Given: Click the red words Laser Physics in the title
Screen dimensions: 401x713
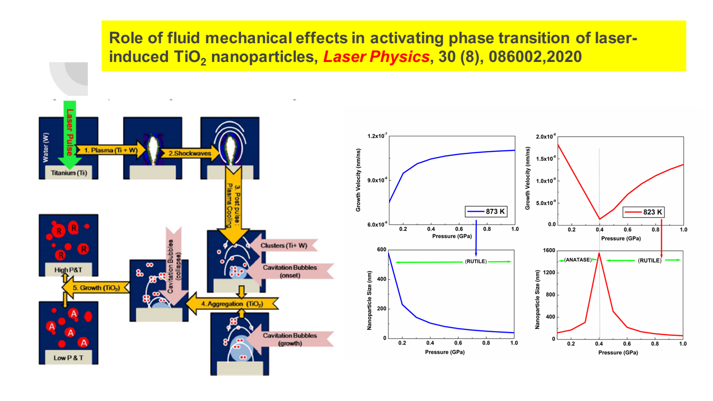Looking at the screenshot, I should pyautogui.click(x=376, y=57).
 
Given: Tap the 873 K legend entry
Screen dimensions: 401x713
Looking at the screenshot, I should pyautogui.click(x=486, y=211).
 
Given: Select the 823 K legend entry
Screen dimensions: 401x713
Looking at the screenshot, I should pyautogui.click(x=643, y=212).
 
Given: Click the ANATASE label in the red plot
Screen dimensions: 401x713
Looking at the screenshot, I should pyautogui.click(x=578, y=260).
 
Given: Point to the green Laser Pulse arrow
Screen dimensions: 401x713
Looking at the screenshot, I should pyautogui.click(x=70, y=134).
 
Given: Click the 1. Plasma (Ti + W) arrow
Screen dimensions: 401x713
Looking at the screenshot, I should pyautogui.click(x=111, y=151).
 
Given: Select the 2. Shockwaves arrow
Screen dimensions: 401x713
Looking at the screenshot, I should pyautogui.click(x=190, y=153).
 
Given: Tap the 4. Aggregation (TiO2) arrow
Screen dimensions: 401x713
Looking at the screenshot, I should pyautogui.click(x=232, y=304).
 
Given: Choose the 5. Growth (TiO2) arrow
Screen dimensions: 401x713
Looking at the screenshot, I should pyautogui.click(x=96, y=288).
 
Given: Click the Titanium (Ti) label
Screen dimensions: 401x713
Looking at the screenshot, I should pyautogui.click(x=69, y=173).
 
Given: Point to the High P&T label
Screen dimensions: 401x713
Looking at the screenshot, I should pyautogui.click(x=68, y=270).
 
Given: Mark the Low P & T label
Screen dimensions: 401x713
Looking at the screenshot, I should pyautogui.click(x=68, y=358).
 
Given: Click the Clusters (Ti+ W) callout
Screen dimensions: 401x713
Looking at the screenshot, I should pyautogui.click(x=284, y=246).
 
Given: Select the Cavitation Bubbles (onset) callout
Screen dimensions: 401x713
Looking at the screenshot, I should pyautogui.click(x=290, y=271).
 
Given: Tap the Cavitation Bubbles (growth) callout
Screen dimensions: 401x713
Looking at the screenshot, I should pyautogui.click(x=290, y=339).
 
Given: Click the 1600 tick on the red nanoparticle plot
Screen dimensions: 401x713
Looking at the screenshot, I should pyautogui.click(x=549, y=250).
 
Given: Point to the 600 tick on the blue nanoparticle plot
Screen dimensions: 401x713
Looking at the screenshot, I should pyautogui.click(x=381, y=250).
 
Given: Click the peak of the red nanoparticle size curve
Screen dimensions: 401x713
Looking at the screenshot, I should pyautogui.click(x=599, y=253).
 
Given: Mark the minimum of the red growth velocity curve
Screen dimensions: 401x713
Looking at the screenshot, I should pyautogui.click(x=599, y=219).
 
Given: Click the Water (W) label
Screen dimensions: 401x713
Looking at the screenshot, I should pyautogui.click(x=45, y=147).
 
